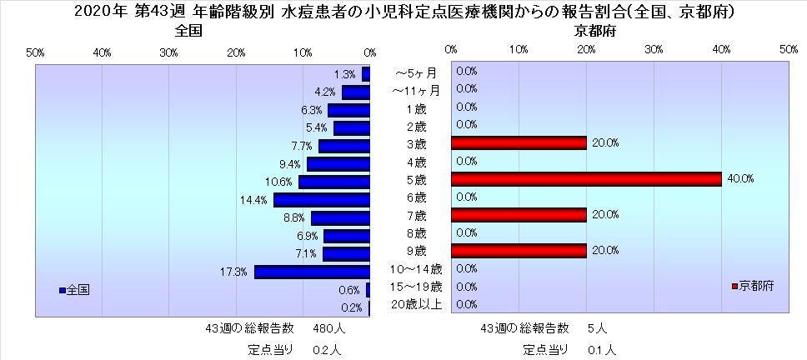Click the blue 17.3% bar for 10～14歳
coord(312,272)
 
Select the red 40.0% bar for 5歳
coord(586,178)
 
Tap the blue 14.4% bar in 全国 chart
coord(322,200)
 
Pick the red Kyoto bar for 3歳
coord(519,142)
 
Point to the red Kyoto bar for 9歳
coord(519,250)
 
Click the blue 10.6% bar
coord(334,182)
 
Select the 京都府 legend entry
coord(753,286)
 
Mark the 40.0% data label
coord(742,178)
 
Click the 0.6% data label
coord(349,290)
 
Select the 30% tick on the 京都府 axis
coord(654,50)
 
